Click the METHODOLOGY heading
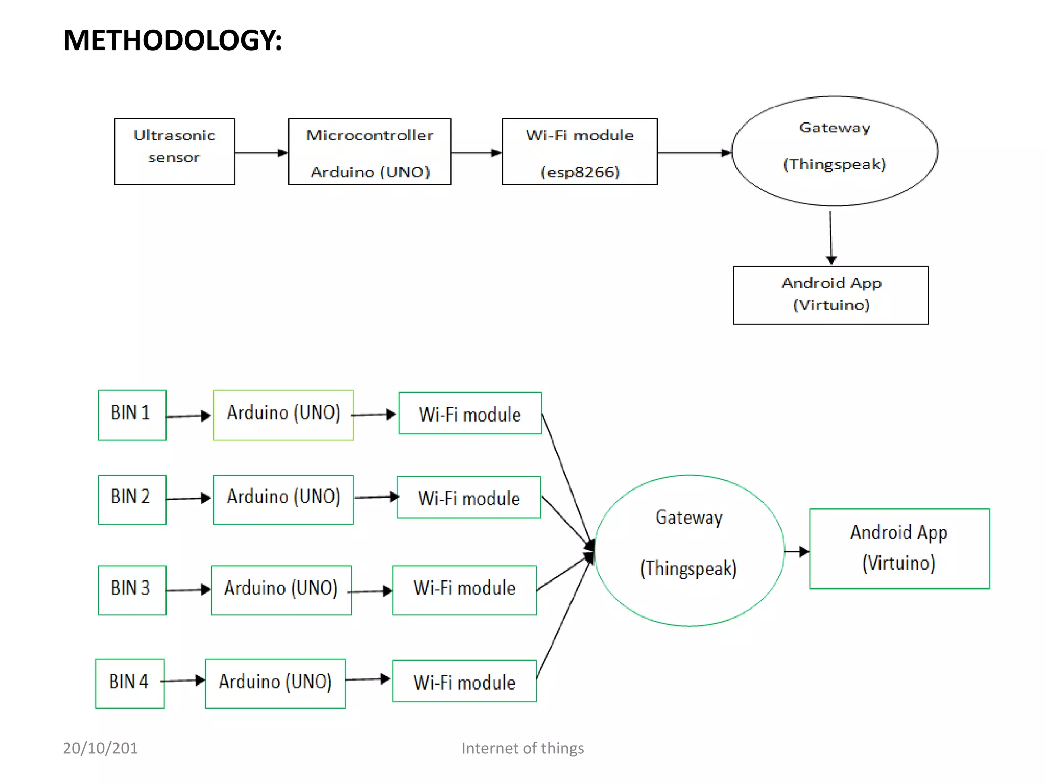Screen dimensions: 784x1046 (172, 40)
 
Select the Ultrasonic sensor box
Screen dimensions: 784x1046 (175, 152)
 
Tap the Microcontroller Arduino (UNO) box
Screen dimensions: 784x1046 (370, 152)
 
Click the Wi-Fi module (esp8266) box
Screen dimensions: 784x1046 (580, 152)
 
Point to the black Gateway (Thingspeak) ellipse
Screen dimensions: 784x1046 (835, 151)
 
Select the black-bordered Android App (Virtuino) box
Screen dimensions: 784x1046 (830, 295)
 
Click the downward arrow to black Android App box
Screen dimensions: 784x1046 (831, 237)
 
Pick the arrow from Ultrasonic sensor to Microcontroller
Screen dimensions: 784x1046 (261, 153)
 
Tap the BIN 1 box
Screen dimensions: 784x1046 (132, 415)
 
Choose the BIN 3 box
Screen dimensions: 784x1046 (132, 590)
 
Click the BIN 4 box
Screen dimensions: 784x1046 (130, 683)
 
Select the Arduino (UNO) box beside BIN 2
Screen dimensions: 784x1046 (283, 499)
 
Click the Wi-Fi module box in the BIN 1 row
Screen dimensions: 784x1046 (470, 413)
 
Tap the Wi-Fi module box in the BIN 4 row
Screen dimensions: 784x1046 (464, 681)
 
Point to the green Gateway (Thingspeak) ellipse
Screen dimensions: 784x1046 (689, 550)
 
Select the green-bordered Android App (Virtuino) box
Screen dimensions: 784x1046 (899, 549)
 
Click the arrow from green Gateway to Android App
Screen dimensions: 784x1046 (797, 551)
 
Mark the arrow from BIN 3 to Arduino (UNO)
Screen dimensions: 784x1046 (188, 590)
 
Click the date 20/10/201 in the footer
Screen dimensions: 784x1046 (100, 748)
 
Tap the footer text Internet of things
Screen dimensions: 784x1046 (522, 748)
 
